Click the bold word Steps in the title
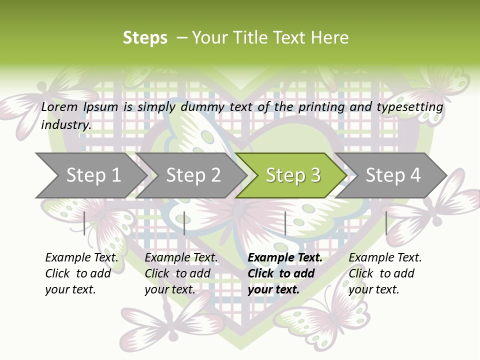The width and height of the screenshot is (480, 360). (x=145, y=38)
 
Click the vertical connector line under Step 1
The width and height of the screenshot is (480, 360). (x=84, y=223)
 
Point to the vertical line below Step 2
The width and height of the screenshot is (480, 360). (x=184, y=223)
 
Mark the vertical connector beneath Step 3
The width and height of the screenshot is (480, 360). (x=285, y=223)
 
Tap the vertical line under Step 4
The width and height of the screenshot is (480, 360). (x=386, y=223)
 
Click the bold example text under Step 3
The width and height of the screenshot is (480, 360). (x=285, y=273)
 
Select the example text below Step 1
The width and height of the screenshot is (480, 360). (x=81, y=273)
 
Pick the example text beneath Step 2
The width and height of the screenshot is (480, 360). (x=181, y=273)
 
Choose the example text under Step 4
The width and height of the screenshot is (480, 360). (x=385, y=273)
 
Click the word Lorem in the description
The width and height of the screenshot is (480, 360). (x=59, y=106)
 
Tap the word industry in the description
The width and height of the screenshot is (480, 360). (x=66, y=124)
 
